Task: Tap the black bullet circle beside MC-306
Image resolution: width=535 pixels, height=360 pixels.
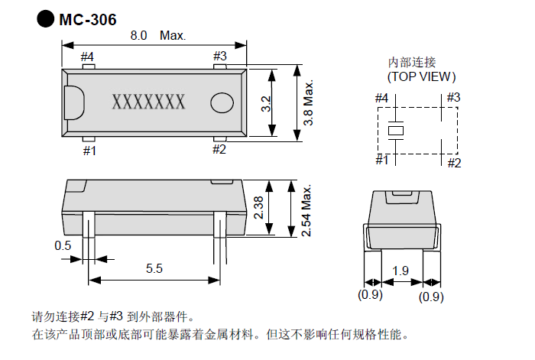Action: pyautogui.click(x=47, y=19)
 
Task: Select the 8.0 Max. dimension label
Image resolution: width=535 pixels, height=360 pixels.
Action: pyautogui.click(x=157, y=36)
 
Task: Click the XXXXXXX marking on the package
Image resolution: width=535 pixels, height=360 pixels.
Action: pyautogui.click(x=148, y=101)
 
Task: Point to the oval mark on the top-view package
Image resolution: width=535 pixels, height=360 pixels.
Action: pyautogui.click(x=222, y=102)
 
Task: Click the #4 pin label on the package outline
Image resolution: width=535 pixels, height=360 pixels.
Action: pyautogui.click(x=87, y=56)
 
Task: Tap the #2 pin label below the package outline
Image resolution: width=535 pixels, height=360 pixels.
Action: pyautogui.click(x=219, y=149)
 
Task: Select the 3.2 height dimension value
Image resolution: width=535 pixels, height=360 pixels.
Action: pyautogui.click(x=265, y=104)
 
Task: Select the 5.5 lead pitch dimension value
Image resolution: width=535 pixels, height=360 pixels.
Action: pyautogui.click(x=154, y=268)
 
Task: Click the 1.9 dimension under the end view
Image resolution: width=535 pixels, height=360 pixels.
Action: pyautogui.click(x=400, y=271)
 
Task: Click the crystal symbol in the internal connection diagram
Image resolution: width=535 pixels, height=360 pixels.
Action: pyautogui.click(x=395, y=131)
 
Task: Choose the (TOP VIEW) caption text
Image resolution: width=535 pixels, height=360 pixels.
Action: pyautogui.click(x=421, y=76)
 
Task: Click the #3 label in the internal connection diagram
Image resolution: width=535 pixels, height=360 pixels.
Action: pyautogui.click(x=452, y=97)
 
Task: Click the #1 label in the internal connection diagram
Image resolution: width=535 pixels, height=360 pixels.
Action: pyautogui.click(x=382, y=159)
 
